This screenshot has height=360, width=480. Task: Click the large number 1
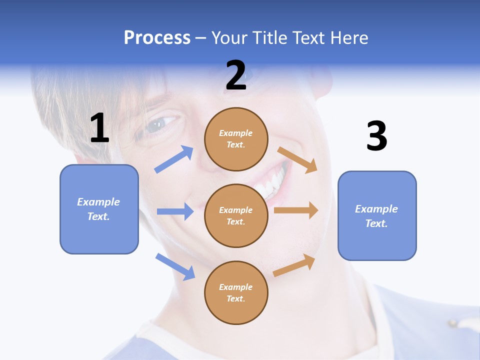[x=99, y=128]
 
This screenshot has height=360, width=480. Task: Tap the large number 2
[x=236, y=75]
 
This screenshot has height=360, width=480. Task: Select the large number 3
[x=376, y=137]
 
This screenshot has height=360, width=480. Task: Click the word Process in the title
[x=157, y=37]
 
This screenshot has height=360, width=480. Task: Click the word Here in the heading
[x=349, y=37]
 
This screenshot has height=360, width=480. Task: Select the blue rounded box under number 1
[x=99, y=209]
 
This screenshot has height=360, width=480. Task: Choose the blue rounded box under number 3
[x=377, y=215]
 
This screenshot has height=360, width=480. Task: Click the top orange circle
[x=236, y=138]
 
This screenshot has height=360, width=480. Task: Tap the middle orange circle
[x=236, y=215]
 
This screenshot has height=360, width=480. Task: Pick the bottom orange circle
[x=236, y=292]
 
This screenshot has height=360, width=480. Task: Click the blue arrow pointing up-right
[x=174, y=159]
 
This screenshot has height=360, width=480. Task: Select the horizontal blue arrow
[x=175, y=211]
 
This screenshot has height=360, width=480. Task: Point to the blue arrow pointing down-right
[x=175, y=266]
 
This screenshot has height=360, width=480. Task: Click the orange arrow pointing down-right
[x=297, y=159]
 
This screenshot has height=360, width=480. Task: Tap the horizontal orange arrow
[x=296, y=210]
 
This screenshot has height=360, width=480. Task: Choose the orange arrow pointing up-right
[x=294, y=265]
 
